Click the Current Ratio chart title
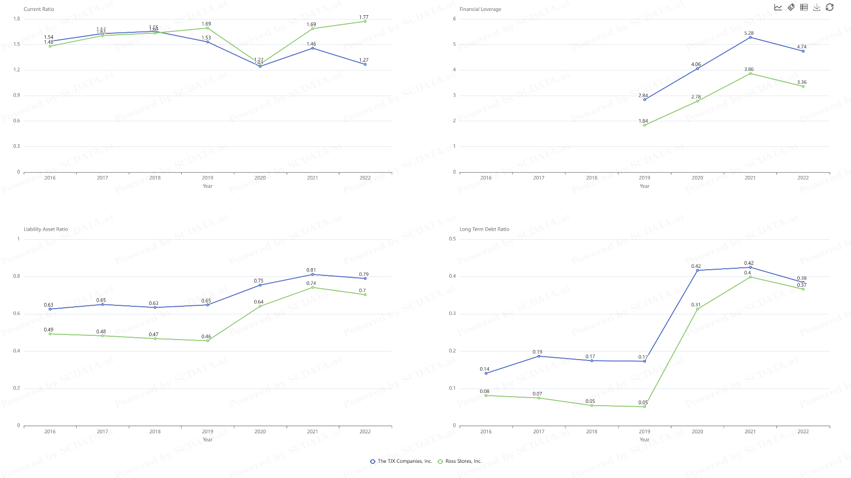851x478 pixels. pyautogui.click(x=39, y=9)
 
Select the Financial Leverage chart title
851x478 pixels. pyautogui.click(x=480, y=9)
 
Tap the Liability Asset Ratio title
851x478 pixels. pyautogui.click(x=46, y=229)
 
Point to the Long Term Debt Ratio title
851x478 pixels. pyautogui.click(x=484, y=229)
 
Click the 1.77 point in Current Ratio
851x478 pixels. pyautogui.click(x=365, y=21)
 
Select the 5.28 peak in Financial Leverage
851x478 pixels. pyautogui.click(x=750, y=37)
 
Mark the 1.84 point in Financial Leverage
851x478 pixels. pyautogui.click(x=645, y=125)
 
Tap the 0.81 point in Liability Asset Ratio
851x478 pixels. pyautogui.click(x=312, y=274)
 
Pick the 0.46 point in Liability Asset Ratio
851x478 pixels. pyautogui.click(x=208, y=341)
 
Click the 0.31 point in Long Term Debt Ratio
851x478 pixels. pyautogui.click(x=697, y=309)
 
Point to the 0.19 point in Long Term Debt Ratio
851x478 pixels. pyautogui.click(x=539, y=356)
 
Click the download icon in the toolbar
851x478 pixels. pyautogui.click(x=817, y=7)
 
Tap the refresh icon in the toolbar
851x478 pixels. pyautogui.click(x=830, y=7)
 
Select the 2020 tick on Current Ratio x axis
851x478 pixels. pyautogui.click(x=260, y=178)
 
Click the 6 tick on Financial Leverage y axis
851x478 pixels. pyautogui.click(x=455, y=19)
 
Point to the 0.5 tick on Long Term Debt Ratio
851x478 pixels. pyautogui.click(x=452, y=239)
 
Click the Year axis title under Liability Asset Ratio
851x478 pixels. pyautogui.click(x=208, y=439)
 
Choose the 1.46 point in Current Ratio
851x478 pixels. pyautogui.click(x=312, y=48)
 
